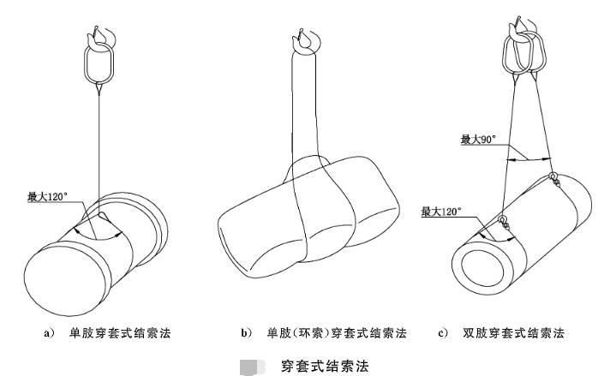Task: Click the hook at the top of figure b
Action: [303, 38]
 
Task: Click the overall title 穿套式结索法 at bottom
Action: [326, 367]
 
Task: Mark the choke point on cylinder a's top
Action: [101, 216]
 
